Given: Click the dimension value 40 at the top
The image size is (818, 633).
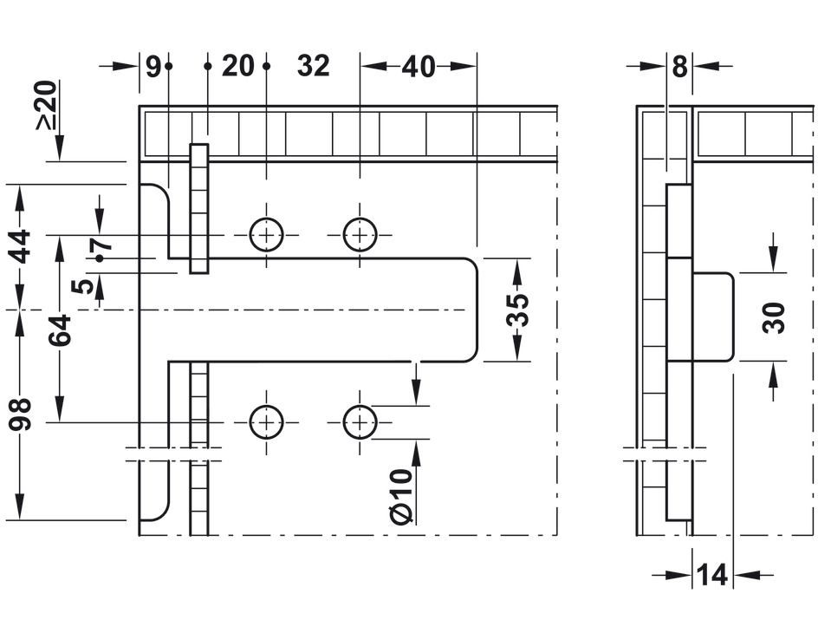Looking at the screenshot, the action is point(418,66).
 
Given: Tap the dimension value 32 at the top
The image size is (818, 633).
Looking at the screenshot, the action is point(314,66).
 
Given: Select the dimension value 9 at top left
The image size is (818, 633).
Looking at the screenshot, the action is point(153,66).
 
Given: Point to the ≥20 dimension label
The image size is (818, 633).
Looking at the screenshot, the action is point(47,105).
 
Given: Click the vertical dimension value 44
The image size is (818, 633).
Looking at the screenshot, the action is point(21,246).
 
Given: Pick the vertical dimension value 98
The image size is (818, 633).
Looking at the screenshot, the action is point(21,414).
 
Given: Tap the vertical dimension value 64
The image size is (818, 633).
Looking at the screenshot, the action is point(60,330).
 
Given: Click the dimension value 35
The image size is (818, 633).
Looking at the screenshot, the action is point(517,310).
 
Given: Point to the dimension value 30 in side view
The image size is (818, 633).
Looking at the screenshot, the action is point(773,317).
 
